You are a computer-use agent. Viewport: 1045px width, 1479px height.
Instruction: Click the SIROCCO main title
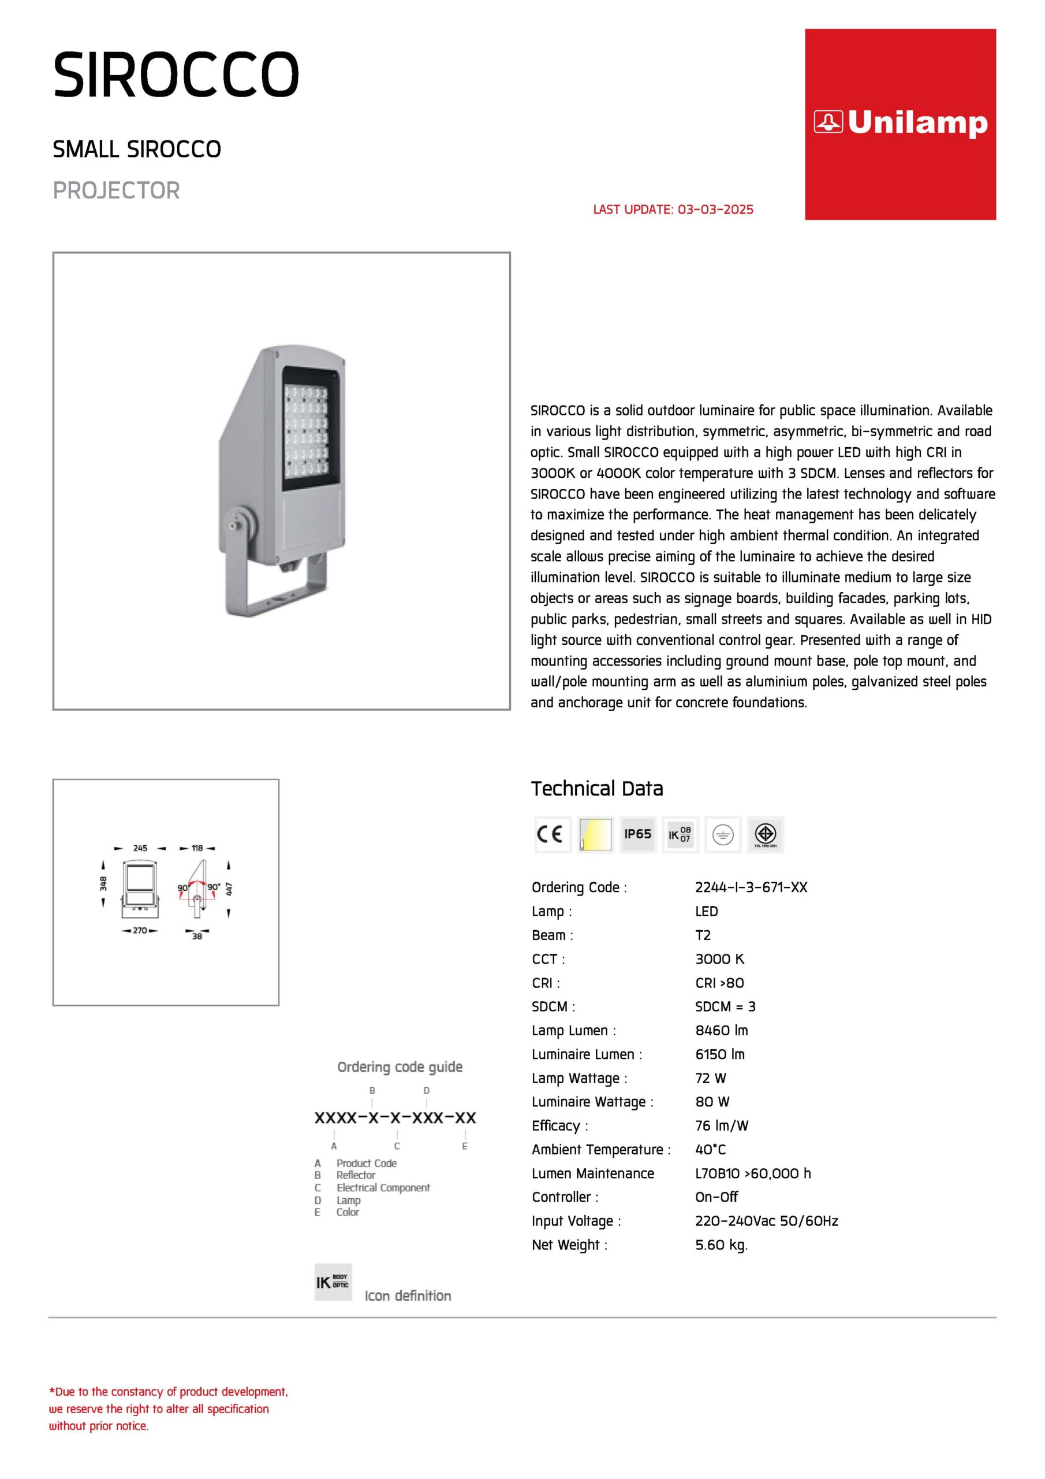176,75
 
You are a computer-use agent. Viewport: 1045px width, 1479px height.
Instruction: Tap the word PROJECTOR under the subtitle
116,191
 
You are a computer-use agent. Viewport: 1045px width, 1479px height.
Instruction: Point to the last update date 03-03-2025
715,209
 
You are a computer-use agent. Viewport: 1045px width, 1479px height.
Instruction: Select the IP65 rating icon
637,834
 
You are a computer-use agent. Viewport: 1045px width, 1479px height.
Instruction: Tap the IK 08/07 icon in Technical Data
680,834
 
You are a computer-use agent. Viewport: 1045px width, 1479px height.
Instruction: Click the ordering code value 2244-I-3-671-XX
751,887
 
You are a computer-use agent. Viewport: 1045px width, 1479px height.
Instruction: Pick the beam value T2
703,935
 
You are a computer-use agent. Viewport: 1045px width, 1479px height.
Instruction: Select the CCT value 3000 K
719,958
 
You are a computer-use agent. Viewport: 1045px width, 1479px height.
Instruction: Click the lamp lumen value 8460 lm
721,1030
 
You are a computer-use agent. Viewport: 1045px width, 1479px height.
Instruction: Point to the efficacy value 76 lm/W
721,1125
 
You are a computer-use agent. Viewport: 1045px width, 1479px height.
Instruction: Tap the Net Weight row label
569,1244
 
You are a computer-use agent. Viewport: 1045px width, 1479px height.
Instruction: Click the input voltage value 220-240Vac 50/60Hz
766,1221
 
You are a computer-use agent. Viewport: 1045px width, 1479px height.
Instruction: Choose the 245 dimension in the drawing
140,848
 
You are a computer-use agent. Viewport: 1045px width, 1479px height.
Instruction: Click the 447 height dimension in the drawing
229,889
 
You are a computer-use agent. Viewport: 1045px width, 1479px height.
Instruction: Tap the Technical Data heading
596,789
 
